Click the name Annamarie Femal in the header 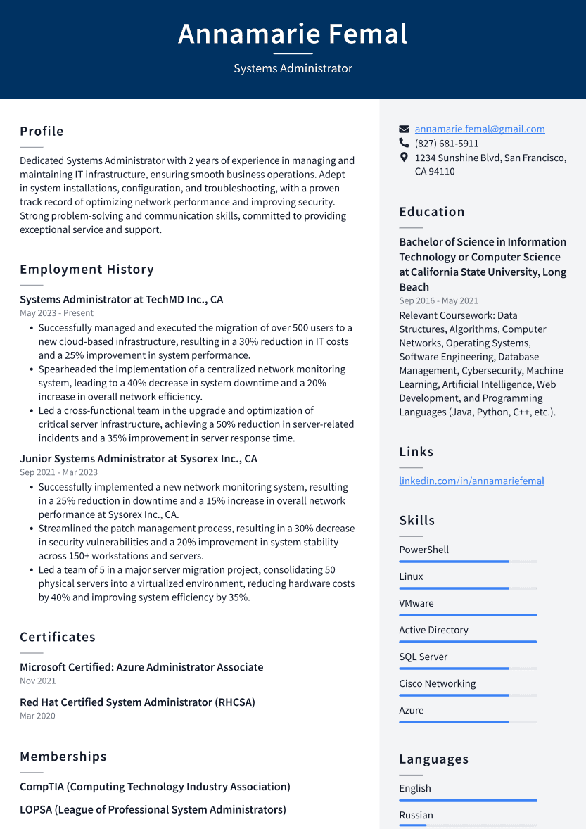tap(293, 34)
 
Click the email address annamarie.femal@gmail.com tap(479, 129)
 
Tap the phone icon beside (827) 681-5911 tap(404, 143)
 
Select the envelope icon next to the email tap(404, 129)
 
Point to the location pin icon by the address tap(404, 158)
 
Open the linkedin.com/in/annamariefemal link tap(471, 481)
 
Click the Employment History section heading tap(87, 270)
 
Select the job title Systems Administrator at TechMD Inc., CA tap(121, 299)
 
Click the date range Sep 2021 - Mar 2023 tap(58, 472)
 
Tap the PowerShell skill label tap(423, 550)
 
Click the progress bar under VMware tap(467, 615)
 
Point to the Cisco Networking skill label tap(437, 683)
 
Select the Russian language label tap(416, 815)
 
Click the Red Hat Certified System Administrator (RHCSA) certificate tap(137, 702)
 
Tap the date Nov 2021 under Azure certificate tap(37, 681)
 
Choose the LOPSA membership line tap(153, 809)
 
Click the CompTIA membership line tap(155, 787)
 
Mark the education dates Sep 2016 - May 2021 tap(438, 300)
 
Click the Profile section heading tap(42, 132)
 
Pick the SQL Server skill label tap(423, 657)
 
